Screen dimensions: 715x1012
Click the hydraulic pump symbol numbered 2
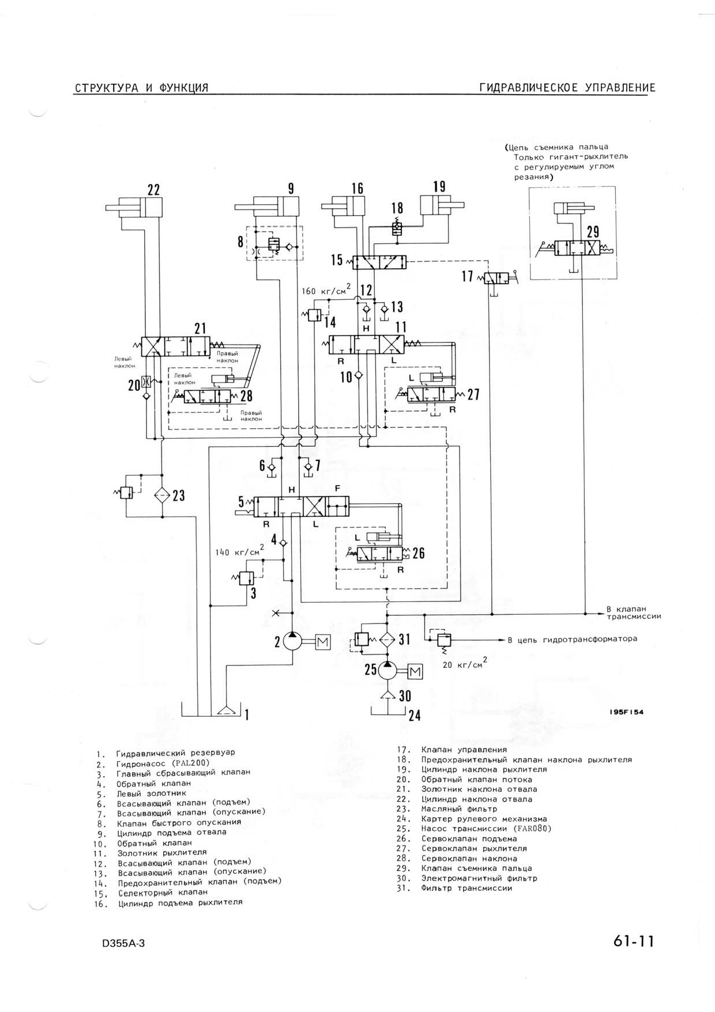(x=293, y=641)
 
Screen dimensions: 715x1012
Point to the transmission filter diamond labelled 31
(x=387, y=639)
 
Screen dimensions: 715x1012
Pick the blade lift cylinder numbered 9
(x=267, y=206)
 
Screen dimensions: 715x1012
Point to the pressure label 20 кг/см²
(x=464, y=663)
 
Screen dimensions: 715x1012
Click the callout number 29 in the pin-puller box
(x=593, y=232)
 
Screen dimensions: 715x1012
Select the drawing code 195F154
(x=626, y=712)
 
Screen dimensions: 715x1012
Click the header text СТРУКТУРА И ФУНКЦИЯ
(x=141, y=88)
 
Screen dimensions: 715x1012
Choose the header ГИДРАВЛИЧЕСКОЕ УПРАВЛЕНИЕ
(x=567, y=88)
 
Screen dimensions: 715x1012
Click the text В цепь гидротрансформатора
(x=572, y=639)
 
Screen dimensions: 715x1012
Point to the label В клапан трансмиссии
(x=633, y=612)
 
